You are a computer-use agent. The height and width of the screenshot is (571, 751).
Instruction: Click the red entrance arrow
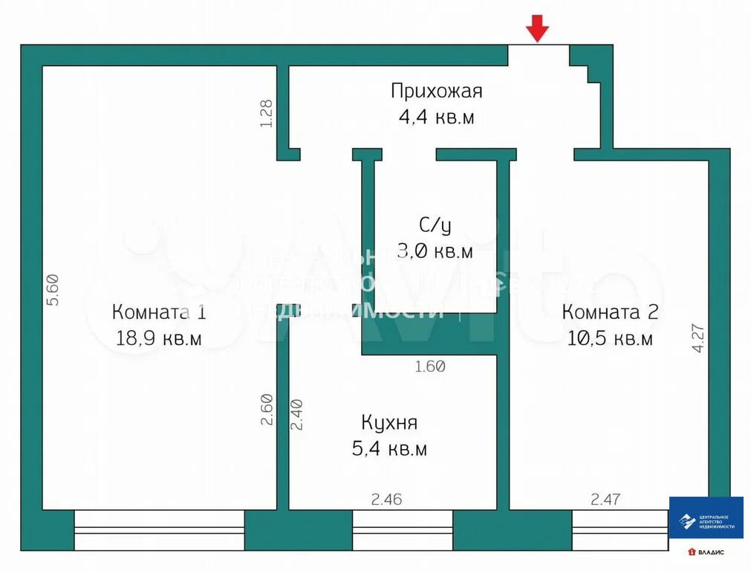538,30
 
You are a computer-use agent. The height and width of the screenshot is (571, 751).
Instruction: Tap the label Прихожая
437,91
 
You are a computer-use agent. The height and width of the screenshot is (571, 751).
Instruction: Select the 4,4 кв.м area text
437,117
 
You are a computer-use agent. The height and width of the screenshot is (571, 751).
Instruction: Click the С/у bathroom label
435,225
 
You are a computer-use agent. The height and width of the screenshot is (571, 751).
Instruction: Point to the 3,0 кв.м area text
435,251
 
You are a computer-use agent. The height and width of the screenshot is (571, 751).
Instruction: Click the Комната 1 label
159,312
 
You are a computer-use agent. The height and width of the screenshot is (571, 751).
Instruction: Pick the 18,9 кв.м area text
159,339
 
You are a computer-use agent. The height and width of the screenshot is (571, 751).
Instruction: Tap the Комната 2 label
610,312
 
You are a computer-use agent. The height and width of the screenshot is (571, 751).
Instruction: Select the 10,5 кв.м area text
610,339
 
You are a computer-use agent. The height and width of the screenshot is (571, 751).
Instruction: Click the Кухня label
389,423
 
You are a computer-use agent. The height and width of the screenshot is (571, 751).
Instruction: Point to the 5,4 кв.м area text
389,449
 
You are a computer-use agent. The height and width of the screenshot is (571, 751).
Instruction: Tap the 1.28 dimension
267,113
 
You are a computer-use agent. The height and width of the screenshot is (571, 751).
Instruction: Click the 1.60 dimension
429,366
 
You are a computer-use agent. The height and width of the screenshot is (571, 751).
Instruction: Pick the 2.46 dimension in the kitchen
386,499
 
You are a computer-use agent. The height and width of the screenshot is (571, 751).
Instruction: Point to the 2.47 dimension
606,499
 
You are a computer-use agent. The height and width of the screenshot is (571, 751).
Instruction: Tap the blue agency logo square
706,517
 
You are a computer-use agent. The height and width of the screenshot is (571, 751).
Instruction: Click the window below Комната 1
159,529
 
